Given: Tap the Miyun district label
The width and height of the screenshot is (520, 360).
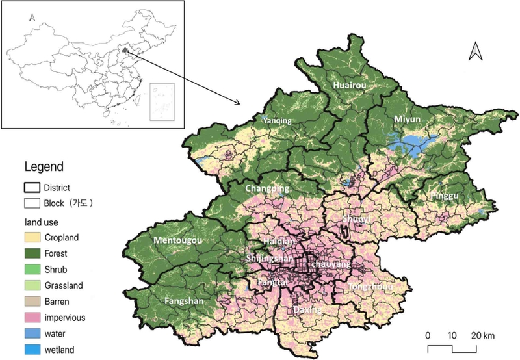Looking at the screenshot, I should (x=408, y=120).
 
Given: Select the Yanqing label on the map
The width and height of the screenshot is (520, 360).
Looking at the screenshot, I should (x=275, y=120).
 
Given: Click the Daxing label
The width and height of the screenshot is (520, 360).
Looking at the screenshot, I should (x=307, y=310).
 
